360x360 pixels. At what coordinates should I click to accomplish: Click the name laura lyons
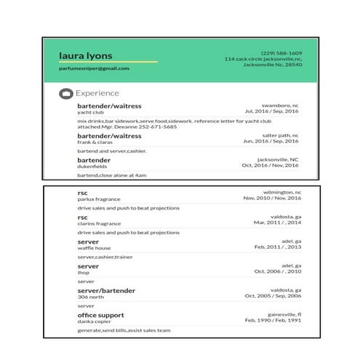[x=86, y=55]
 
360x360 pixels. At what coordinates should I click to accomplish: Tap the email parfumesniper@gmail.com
[x=94, y=68]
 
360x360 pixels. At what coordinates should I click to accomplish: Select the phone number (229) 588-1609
[x=282, y=52]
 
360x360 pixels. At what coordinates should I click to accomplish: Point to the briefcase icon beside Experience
[x=65, y=94]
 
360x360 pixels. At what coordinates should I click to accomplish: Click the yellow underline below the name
[x=108, y=62]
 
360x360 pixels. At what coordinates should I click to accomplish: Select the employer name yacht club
[x=89, y=113]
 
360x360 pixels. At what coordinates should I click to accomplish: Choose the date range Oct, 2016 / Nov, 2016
[x=270, y=165]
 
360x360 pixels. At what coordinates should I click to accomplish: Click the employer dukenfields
[x=92, y=167]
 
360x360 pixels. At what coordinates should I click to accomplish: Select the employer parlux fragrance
[x=99, y=199]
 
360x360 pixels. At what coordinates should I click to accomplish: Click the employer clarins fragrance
[x=99, y=223]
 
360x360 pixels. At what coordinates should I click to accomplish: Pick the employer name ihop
[x=83, y=273]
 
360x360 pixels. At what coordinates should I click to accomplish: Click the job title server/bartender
[x=106, y=290]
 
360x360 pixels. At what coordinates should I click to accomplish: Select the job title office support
[x=100, y=315]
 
